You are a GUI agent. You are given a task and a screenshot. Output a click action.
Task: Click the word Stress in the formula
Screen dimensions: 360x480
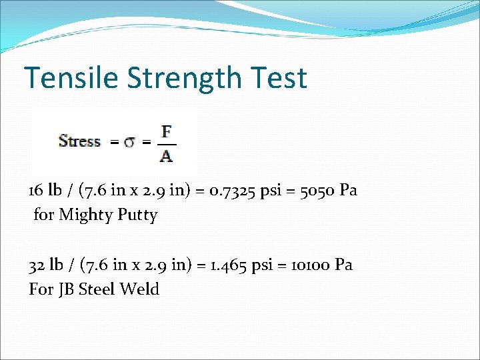click(x=79, y=141)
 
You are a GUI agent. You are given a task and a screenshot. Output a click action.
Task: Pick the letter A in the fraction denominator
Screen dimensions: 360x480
click(x=166, y=156)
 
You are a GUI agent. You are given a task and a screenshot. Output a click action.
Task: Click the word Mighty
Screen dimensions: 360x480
click(x=83, y=215)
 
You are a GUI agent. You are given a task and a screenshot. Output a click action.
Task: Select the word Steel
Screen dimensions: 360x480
click(x=97, y=289)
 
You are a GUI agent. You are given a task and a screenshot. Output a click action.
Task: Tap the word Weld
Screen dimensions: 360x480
click(x=140, y=289)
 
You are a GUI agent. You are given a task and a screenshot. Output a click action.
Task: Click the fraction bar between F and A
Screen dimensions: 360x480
click(x=166, y=143)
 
